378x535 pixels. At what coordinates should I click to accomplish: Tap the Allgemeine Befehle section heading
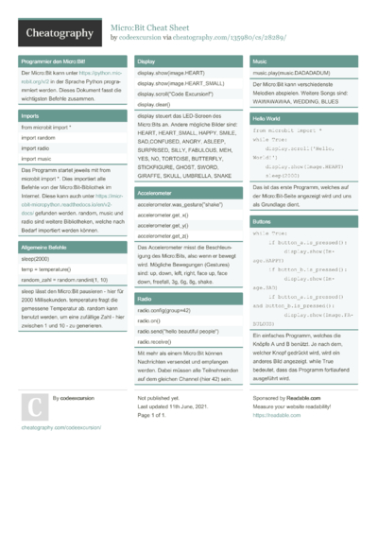point(46,246)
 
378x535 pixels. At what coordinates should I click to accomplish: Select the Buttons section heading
point(263,220)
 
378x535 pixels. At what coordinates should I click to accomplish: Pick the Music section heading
point(259,60)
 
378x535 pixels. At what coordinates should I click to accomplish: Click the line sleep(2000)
point(35,257)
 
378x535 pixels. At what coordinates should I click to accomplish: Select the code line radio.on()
point(151,321)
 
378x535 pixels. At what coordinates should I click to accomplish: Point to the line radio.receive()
point(157,341)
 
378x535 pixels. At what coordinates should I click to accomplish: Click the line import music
point(37,159)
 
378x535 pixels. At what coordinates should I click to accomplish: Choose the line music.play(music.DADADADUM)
point(291,72)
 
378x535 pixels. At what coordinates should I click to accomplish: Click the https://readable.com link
point(269,415)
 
